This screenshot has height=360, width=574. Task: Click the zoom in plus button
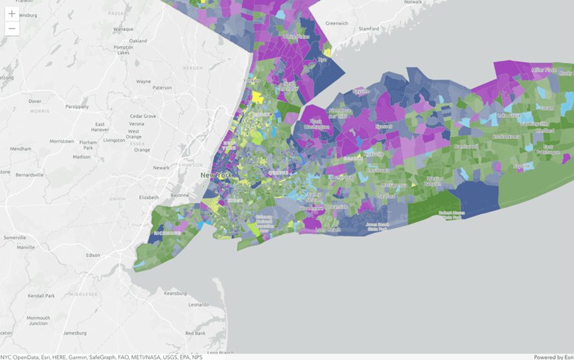coord(12,14)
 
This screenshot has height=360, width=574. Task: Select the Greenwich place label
coord(336,23)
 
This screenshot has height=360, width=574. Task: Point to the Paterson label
coord(163,87)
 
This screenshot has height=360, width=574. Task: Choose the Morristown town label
coord(62,141)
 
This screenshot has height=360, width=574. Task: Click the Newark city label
coord(161,168)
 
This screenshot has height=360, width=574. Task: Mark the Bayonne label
coord(178,195)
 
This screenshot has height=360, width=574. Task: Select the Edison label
coord(93,255)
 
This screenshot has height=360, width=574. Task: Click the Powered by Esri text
coord(552,357)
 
